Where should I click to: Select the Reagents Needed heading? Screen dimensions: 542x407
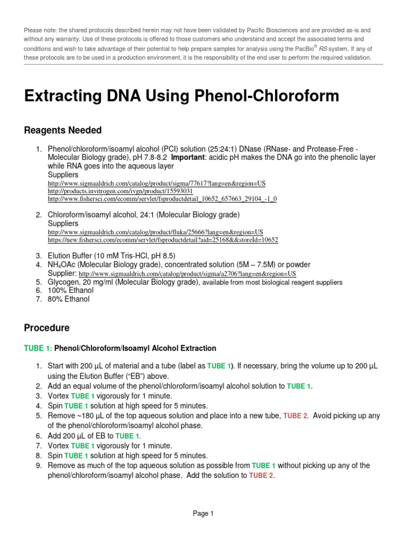click(63, 130)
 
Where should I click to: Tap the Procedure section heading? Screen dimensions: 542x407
click(47, 328)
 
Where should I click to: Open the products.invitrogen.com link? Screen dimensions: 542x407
click(120, 191)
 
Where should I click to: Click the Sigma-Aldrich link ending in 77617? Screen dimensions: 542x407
click(156, 183)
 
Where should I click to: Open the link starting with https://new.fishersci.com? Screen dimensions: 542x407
click(163, 240)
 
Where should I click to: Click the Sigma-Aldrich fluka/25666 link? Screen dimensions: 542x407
click(155, 232)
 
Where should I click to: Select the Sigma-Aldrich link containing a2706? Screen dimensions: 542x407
click(187, 274)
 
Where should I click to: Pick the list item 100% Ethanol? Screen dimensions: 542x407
click(70, 291)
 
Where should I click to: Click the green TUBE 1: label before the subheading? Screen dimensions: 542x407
click(38, 348)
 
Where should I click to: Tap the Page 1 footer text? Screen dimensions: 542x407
click(203, 513)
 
